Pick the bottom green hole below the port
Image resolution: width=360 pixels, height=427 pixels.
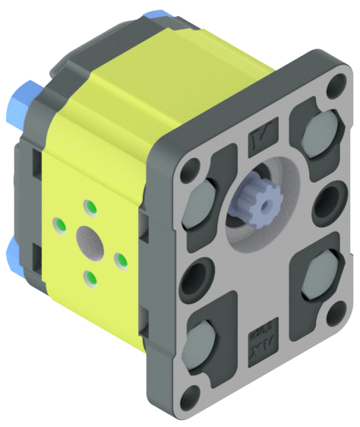point(90,278)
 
